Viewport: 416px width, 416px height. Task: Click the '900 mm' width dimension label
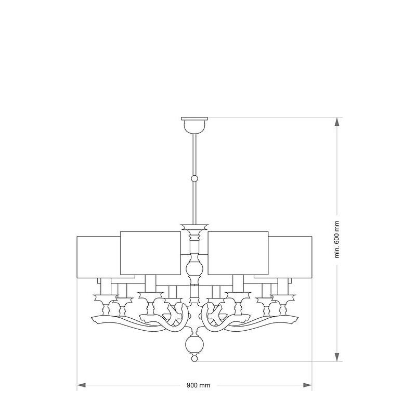198,385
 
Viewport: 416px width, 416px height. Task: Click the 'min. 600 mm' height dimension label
337,240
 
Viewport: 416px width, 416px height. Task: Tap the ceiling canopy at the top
194,124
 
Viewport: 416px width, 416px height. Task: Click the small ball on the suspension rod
194,178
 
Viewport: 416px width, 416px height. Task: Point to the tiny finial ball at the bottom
194,359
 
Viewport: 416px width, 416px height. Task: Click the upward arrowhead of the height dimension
337,122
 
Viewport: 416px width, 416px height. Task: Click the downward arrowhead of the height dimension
337,357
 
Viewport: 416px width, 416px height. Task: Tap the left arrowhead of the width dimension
81,385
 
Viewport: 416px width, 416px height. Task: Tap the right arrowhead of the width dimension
308,385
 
